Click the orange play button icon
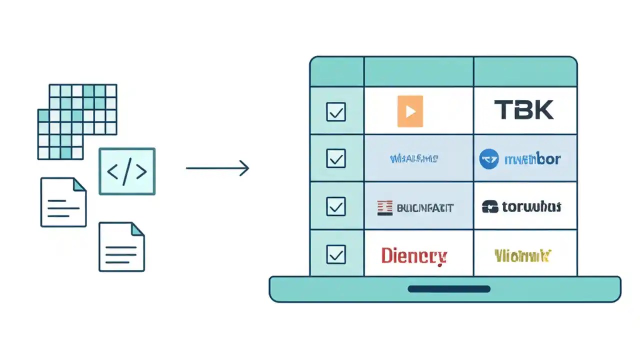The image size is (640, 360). (410, 111)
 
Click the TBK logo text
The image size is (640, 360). (523, 110)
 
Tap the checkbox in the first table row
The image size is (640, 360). (335, 111)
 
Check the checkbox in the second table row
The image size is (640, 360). (335, 158)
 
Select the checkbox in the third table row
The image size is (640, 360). (335, 206)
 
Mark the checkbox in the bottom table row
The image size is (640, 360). (335, 254)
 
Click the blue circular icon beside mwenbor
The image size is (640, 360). (489, 159)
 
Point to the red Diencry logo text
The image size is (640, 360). (413, 255)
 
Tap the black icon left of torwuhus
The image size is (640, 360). (490, 206)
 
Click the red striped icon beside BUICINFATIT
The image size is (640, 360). (385, 207)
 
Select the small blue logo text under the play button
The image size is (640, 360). (413, 159)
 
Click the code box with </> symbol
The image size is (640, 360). (127, 171)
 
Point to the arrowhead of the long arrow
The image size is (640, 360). (245, 168)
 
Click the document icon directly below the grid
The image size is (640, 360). (63, 202)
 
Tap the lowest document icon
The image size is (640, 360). (121, 247)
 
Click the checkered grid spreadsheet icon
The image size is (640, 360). (77, 121)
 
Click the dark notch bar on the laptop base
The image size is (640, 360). (448, 289)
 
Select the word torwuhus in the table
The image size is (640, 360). (531, 206)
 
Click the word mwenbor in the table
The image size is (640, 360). (532, 159)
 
